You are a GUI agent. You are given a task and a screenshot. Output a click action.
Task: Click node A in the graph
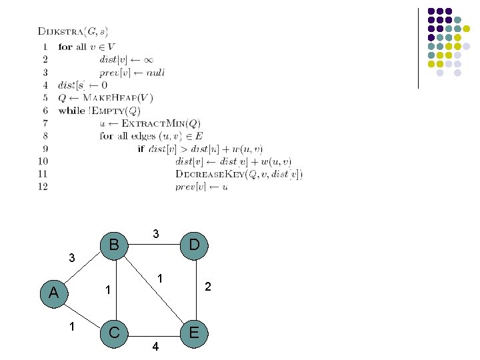[x=54, y=293]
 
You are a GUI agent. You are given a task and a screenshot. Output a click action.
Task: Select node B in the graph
[x=114, y=245]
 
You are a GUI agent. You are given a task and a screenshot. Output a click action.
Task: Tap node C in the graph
[x=114, y=331]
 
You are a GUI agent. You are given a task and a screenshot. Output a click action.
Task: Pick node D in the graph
[x=194, y=245]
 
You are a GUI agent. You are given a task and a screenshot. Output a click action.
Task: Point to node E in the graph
[x=194, y=331]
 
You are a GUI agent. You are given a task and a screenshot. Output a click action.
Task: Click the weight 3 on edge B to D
[x=155, y=234]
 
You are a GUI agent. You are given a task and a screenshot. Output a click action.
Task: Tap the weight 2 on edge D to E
[x=208, y=287]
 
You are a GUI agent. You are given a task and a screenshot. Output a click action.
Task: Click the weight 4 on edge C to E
[x=155, y=346]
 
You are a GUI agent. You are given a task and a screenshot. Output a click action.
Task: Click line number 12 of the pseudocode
[x=43, y=187]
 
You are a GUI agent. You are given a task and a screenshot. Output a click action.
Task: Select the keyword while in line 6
[x=71, y=111]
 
